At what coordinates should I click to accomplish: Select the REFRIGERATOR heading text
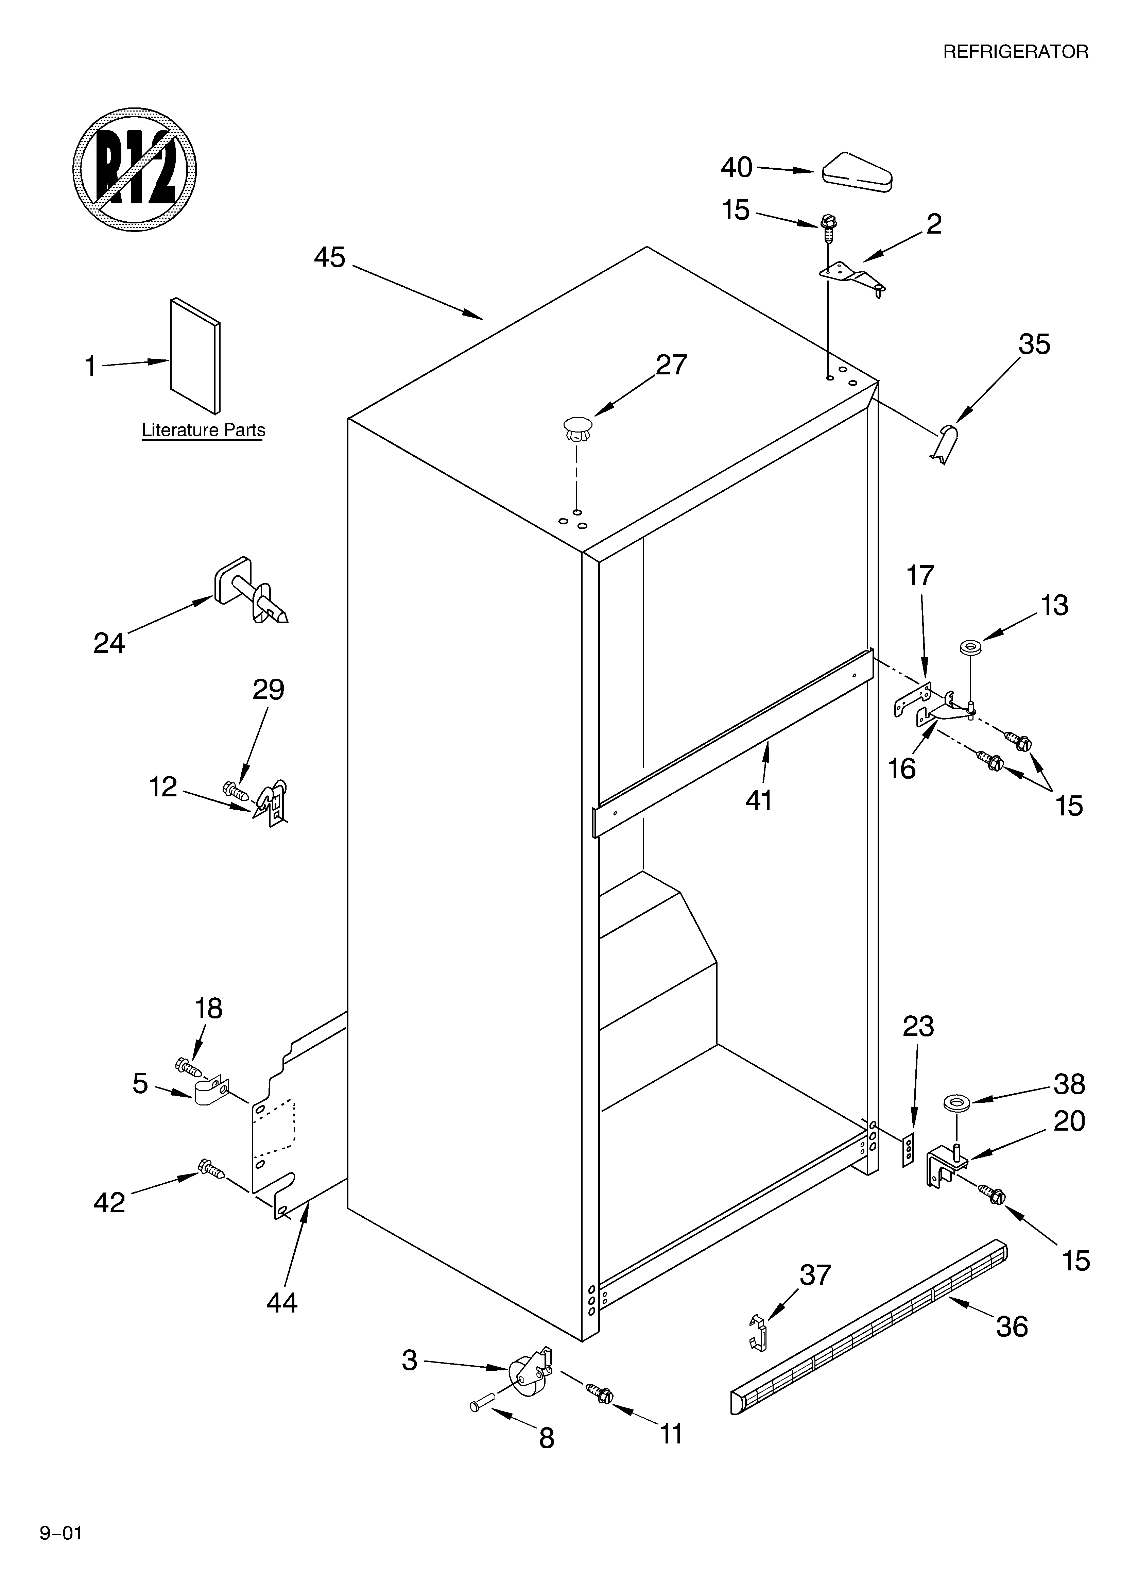pyautogui.click(x=1015, y=52)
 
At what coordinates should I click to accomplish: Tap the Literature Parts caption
pyautogui.click(x=203, y=430)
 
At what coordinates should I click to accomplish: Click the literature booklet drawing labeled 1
pyautogui.click(x=195, y=355)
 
